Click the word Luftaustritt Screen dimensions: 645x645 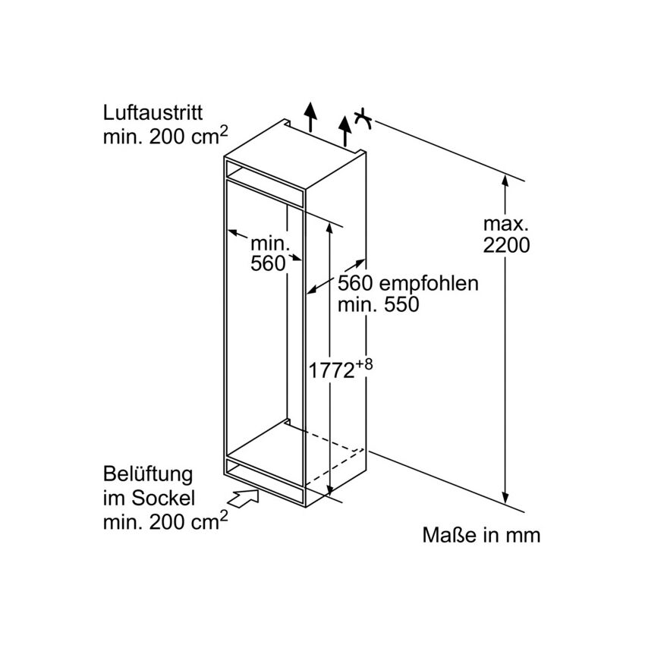[153, 113]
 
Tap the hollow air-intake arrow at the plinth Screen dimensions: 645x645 [243, 498]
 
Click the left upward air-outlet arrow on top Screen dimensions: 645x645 [310, 116]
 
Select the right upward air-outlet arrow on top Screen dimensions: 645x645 [345, 131]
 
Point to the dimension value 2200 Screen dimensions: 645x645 [506, 246]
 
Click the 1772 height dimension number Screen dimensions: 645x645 [331, 370]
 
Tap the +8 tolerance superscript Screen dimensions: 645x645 [363, 364]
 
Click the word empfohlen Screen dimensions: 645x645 [429, 284]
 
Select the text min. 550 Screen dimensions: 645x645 [378, 305]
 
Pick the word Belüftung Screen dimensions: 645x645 [148, 474]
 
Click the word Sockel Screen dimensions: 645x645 [163, 498]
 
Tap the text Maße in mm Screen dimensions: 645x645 [481, 535]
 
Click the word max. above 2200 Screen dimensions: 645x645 [506, 224]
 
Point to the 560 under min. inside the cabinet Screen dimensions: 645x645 [268, 263]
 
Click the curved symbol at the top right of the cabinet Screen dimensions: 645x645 [363, 119]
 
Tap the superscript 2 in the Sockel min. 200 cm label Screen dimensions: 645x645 [223, 515]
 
